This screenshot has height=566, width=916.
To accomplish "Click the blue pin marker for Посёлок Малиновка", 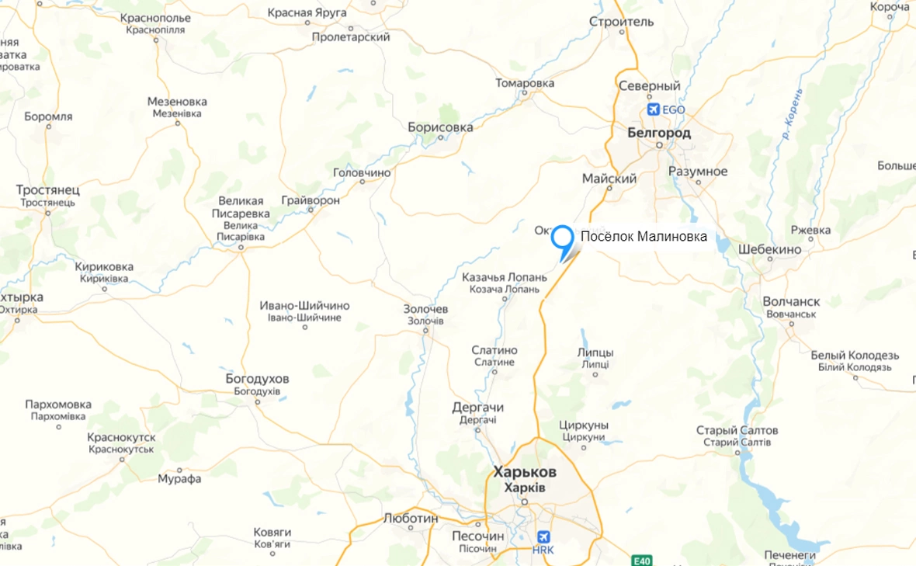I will click(x=561, y=237).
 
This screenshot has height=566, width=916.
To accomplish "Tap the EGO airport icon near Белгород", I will click(x=653, y=109).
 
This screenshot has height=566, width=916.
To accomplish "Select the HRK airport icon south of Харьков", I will click(x=543, y=537).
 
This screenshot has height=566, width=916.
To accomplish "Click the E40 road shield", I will click(x=641, y=561).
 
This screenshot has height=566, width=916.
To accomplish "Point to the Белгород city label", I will click(x=658, y=133).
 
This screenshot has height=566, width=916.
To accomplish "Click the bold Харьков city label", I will click(x=525, y=472).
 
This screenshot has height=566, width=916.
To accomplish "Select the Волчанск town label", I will click(x=791, y=301).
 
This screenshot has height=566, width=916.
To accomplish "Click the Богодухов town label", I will click(x=257, y=379).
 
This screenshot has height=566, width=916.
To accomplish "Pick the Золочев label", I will click(x=425, y=309).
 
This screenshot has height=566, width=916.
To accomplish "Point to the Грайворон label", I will click(x=311, y=200).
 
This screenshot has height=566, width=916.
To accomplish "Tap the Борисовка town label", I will click(x=440, y=126).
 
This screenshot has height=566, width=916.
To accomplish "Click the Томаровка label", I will click(x=525, y=83).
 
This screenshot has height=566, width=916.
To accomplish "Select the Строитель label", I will click(x=622, y=21).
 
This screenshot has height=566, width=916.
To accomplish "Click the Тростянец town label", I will click(x=48, y=190).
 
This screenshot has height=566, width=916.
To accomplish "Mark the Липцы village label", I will click(x=595, y=352).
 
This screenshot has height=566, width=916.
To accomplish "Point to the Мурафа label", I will click(x=179, y=478).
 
